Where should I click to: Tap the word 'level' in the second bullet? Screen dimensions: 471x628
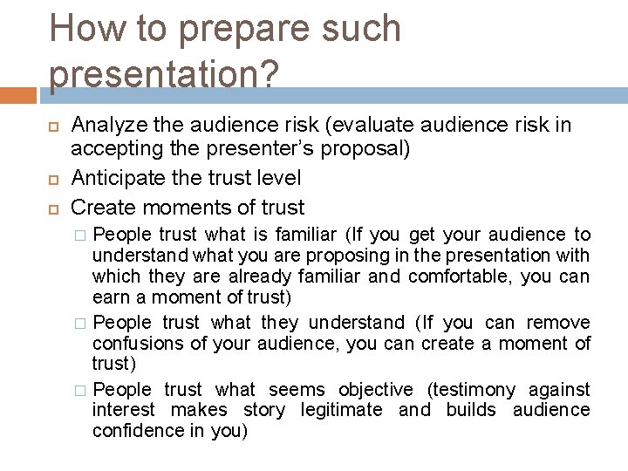pyautogui.click(x=278, y=179)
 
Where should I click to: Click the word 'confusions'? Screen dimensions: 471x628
pyautogui.click(x=133, y=344)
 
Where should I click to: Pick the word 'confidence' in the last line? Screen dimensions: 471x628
pyautogui.click(x=133, y=431)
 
